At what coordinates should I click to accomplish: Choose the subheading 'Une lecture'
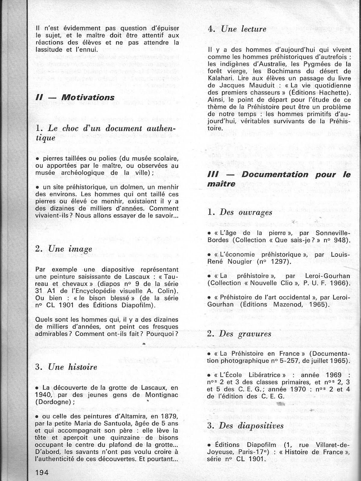(244, 29)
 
